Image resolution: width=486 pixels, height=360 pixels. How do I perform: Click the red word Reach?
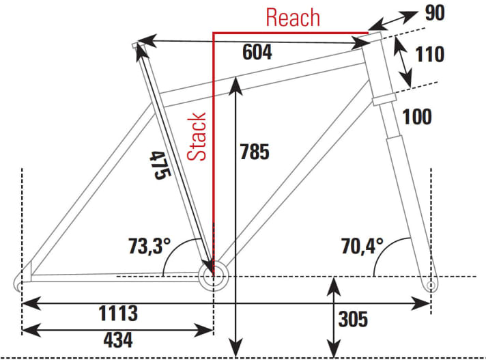293,18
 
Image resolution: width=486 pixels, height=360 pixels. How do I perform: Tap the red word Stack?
197,136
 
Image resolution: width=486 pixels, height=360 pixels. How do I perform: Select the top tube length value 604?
257,52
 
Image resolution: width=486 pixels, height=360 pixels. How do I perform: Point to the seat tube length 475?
160,165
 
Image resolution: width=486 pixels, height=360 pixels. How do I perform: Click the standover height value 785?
255,152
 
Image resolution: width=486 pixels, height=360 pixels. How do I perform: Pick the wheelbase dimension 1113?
118,313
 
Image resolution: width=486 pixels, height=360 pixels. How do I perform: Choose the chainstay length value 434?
118,340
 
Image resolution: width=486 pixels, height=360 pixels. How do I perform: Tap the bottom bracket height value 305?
353,319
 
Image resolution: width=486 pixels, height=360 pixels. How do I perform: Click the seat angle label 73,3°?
149,246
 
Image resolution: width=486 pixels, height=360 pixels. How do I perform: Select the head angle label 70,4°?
362,246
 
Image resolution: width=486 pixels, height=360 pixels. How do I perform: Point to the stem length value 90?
435,13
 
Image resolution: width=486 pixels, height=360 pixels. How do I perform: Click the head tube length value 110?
429,54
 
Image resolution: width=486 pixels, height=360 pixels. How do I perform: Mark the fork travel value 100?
417,117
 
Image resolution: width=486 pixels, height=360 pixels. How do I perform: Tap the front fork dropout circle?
430,285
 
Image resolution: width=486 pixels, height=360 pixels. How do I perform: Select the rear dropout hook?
16,281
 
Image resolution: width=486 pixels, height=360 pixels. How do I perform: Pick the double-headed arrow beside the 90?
392,20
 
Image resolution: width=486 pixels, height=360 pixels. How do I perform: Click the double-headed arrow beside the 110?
403,61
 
